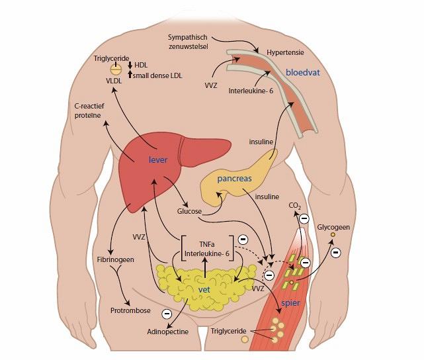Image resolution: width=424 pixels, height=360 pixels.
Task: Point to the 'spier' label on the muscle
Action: pos(291,302)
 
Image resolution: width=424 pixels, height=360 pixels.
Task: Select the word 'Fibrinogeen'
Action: pos(116,259)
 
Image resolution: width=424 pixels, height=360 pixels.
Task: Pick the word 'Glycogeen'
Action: pos(333,226)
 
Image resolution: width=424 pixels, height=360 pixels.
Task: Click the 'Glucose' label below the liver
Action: pos(189,211)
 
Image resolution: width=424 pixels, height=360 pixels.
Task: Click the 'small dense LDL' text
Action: pos(158,76)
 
